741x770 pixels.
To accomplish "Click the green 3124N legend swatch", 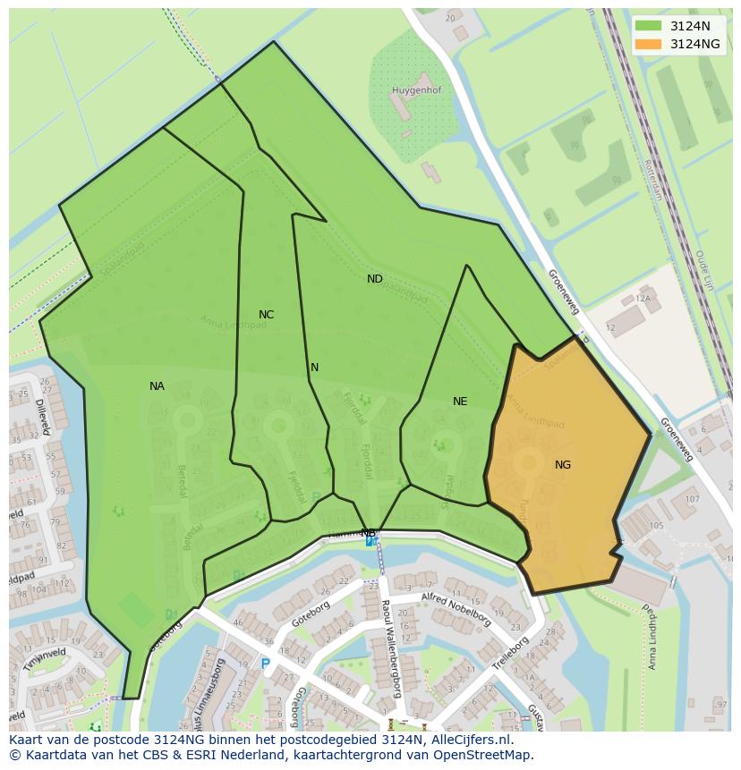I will click(x=649, y=26).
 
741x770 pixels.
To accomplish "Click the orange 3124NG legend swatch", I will click(x=649, y=44).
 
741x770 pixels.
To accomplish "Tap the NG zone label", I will click(x=562, y=465).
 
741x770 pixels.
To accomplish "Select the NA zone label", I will click(x=157, y=386).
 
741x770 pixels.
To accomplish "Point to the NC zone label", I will click(x=266, y=315).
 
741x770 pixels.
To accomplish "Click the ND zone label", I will click(x=374, y=279).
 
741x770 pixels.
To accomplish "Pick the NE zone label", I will click(x=460, y=402).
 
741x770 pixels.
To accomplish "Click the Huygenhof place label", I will click(x=416, y=90).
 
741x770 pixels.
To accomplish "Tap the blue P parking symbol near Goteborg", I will click(x=265, y=664).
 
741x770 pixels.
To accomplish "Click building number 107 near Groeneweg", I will click(x=692, y=499).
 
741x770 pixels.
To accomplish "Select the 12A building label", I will click(x=643, y=300).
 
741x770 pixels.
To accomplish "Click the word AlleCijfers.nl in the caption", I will click(x=468, y=740).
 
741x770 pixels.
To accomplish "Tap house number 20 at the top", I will click(x=450, y=18).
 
